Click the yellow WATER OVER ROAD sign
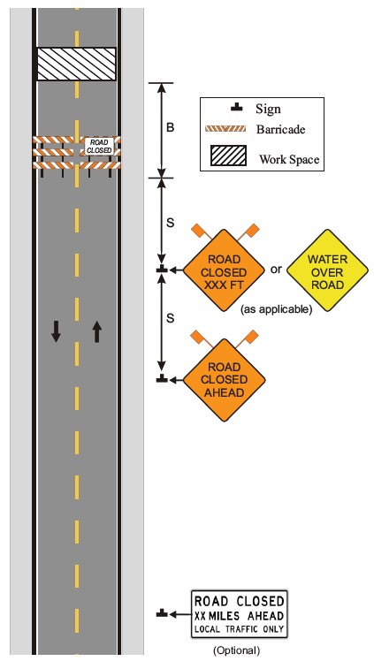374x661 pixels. (x=327, y=270)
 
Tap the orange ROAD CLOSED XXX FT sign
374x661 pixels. (x=224, y=270)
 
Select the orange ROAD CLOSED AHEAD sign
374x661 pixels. (x=224, y=379)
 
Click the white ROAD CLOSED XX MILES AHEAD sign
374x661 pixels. (x=239, y=614)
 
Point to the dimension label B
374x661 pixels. (x=170, y=127)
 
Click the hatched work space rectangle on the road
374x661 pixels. (x=76, y=64)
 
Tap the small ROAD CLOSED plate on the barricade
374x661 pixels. (x=99, y=146)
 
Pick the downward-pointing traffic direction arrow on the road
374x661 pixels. (x=56, y=330)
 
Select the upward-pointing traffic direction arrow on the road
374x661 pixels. (x=97, y=330)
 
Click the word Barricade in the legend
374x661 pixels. (x=280, y=129)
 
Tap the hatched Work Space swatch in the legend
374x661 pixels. (x=229, y=156)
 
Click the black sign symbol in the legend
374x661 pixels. (x=237, y=108)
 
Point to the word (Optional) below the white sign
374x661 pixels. (x=236, y=650)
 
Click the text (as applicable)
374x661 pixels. (x=276, y=310)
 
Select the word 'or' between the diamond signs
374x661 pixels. (x=276, y=269)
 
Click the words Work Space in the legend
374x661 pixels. (x=289, y=160)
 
